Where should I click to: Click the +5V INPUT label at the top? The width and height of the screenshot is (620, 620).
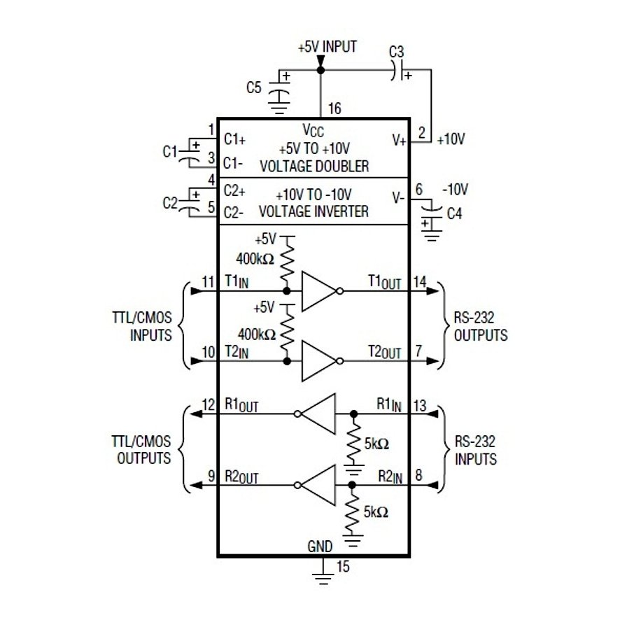[327, 47]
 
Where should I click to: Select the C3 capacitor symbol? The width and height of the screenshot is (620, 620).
[400, 71]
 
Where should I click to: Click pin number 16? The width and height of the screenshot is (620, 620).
[334, 108]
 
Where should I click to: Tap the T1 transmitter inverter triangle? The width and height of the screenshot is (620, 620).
[318, 290]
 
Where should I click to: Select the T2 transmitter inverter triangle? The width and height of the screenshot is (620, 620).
[318, 361]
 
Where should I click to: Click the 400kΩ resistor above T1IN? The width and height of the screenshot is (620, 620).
[286, 260]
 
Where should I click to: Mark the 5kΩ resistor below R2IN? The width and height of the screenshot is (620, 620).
[353, 512]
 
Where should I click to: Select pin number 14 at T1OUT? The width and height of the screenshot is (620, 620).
[420, 281]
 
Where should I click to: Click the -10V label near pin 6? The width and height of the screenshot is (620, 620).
[454, 190]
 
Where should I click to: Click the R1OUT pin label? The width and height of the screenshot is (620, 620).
[241, 406]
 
